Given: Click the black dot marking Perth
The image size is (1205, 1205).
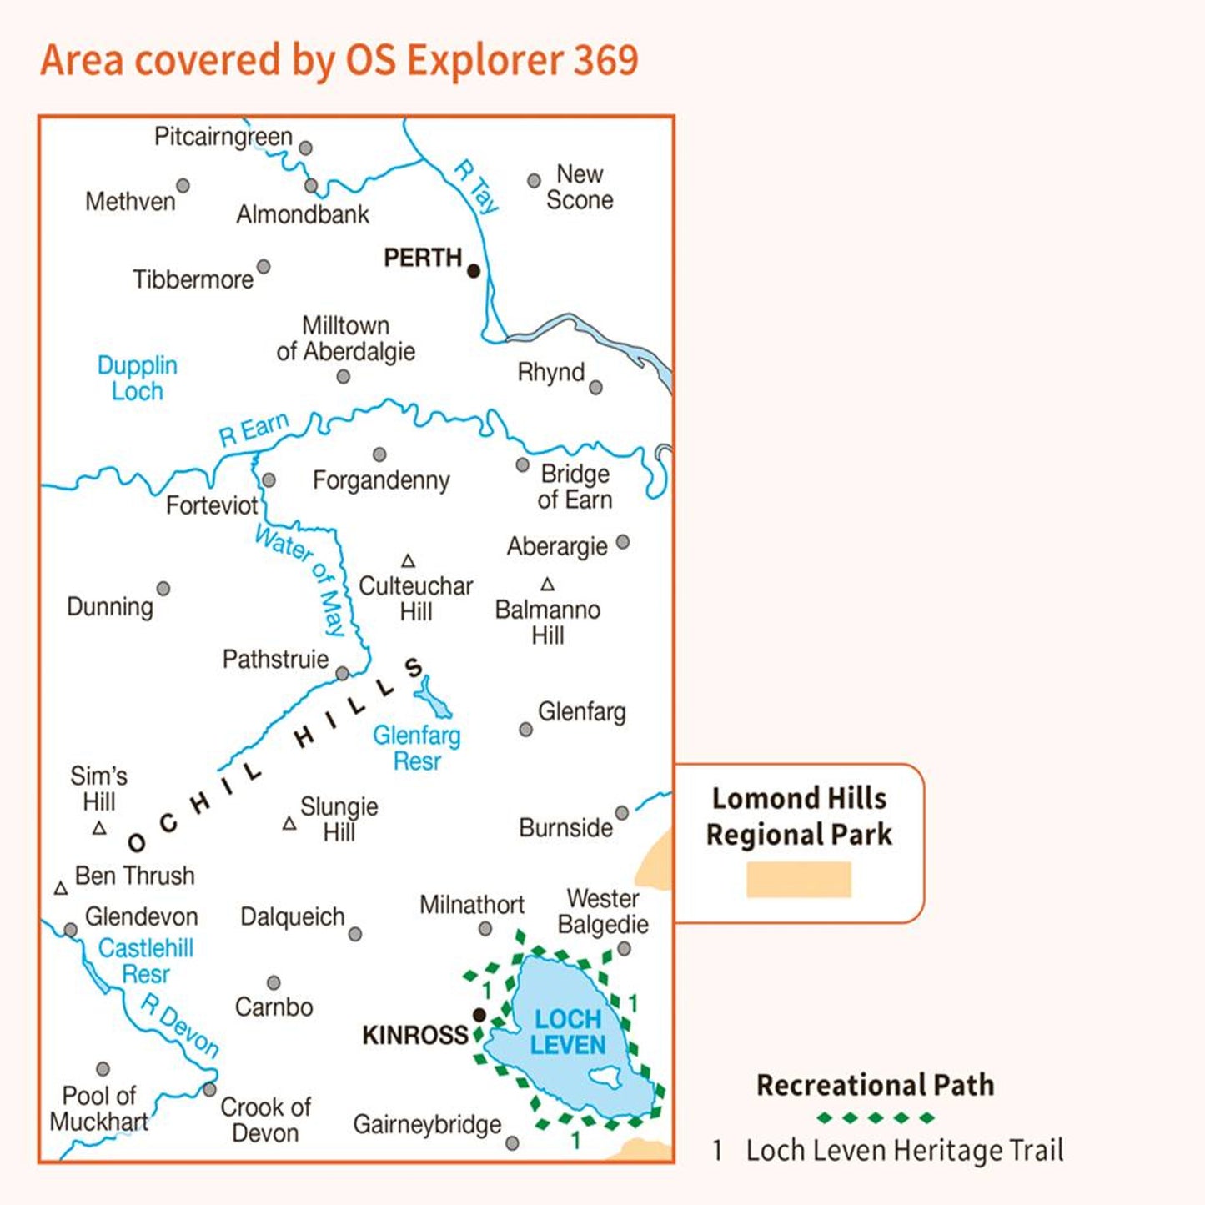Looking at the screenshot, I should pos(474,270).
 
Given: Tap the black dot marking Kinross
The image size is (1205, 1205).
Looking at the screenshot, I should pos(479,1015).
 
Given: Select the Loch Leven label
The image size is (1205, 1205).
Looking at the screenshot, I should pos(568,1032).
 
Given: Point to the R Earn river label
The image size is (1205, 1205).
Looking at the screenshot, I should pos(254,429).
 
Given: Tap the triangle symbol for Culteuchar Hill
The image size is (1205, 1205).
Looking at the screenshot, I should pos(409,561).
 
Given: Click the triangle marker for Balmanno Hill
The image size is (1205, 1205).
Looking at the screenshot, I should pos(548,585).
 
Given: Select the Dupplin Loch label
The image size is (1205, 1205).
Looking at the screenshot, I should pos(138,378).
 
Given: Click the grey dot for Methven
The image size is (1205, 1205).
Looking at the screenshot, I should pos(183,186).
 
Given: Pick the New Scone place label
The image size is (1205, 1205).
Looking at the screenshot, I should pos(580,187).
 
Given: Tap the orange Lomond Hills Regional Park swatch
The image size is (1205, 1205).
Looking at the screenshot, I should pos(798,880).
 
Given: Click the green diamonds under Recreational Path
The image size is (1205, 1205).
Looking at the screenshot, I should pos(876,1117).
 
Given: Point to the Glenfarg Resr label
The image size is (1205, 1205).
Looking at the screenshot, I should pos(416,748).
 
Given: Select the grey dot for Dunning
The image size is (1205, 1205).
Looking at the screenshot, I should pos(163,589).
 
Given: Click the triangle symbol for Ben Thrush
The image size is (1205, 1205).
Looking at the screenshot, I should pos(61,889).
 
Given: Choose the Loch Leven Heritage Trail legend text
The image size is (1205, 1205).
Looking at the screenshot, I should pos(904,1151).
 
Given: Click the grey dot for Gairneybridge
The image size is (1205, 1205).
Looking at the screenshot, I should pos(513,1143).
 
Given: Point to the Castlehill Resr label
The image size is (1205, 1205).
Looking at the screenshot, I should pos(146,961).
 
